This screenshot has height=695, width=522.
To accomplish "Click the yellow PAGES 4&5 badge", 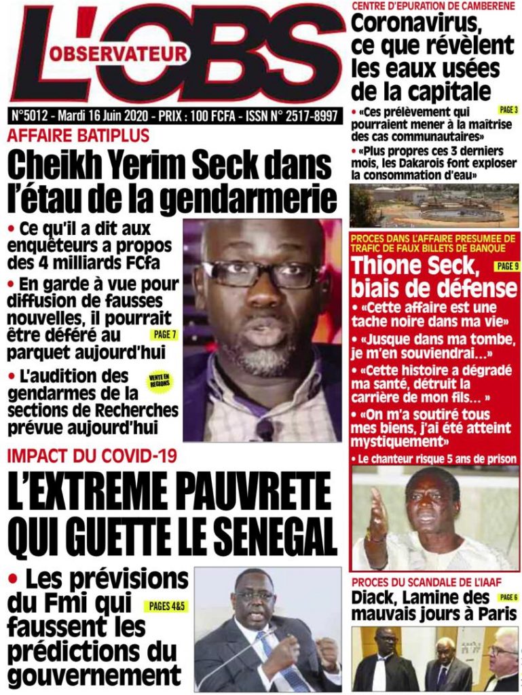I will coord(163,605).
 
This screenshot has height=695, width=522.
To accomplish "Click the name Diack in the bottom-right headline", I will coord(373,598).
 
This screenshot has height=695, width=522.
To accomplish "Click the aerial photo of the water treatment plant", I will coord(434,206).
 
